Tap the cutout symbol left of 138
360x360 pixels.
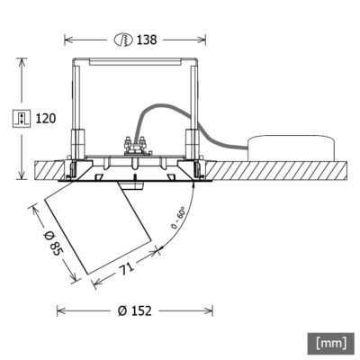[124, 40]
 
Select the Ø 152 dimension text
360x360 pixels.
[134, 310]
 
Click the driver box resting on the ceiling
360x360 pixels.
[293, 148]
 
